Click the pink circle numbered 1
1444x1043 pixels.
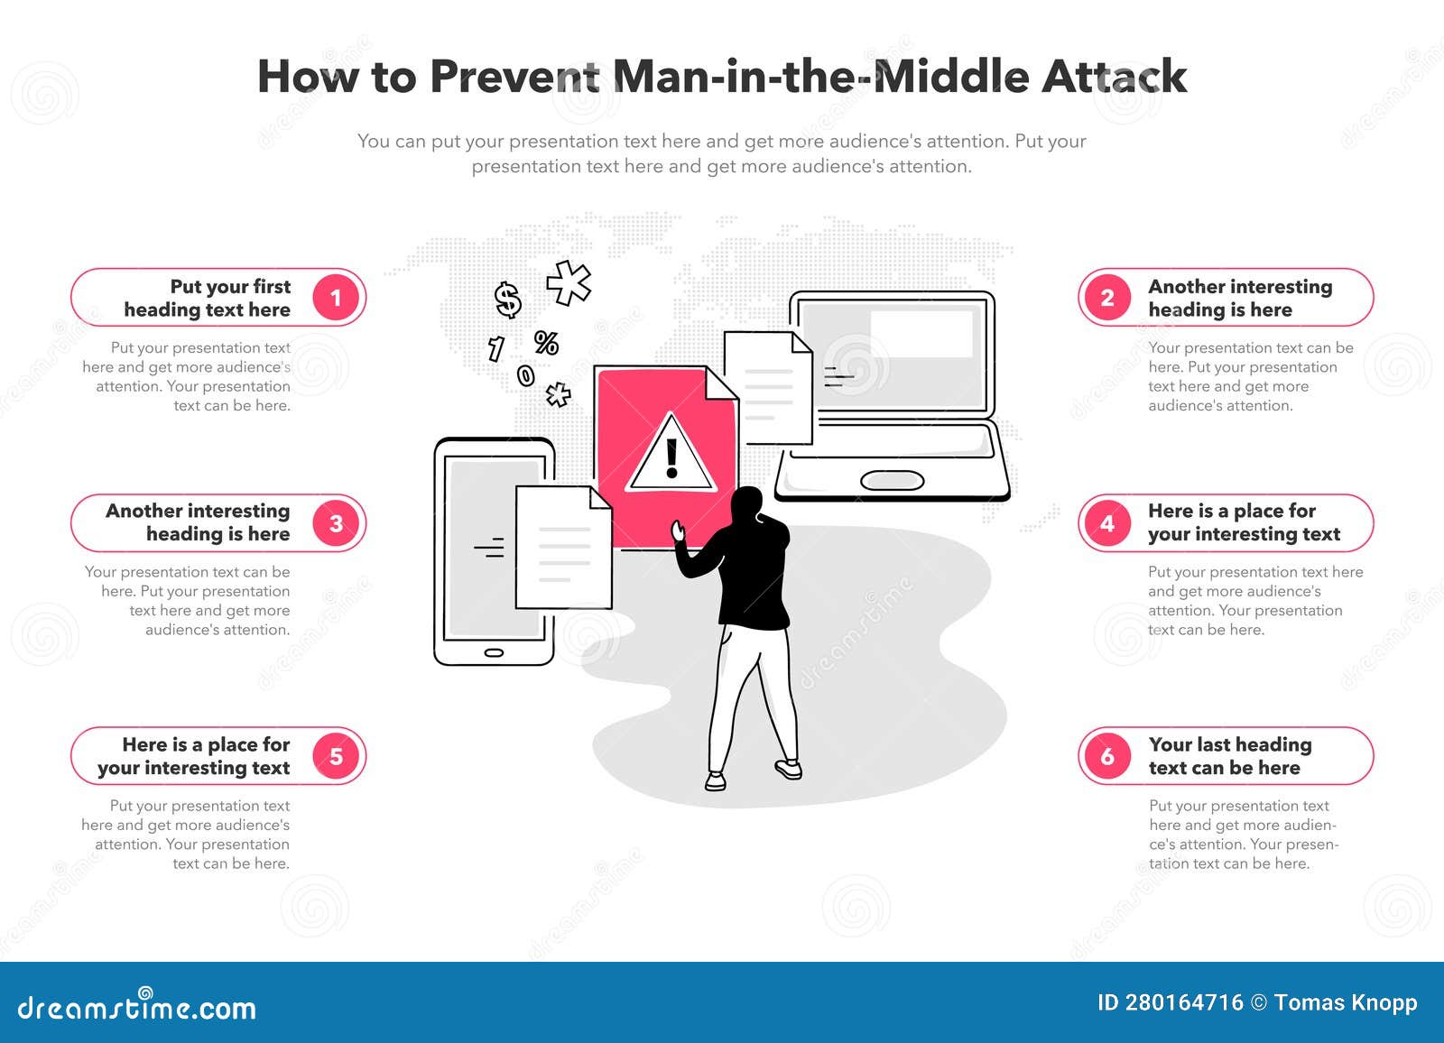[336, 298]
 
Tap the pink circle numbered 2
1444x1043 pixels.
[1107, 298]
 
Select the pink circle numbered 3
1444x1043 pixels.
[336, 523]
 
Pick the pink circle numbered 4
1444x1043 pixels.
[1107, 523]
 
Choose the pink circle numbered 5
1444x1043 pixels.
[336, 756]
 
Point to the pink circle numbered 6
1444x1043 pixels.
[1107, 756]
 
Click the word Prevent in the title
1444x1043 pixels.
[514, 77]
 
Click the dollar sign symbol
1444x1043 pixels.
[508, 300]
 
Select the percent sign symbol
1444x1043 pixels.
[546, 343]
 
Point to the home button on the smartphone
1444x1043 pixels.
[494, 653]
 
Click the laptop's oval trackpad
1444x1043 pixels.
[893, 480]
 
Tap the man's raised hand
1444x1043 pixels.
[678, 531]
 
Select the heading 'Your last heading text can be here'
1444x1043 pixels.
[1230, 756]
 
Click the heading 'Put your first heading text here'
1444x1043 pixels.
[207, 298]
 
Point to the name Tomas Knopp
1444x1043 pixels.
[1346, 1003]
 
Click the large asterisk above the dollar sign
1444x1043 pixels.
[568, 282]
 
